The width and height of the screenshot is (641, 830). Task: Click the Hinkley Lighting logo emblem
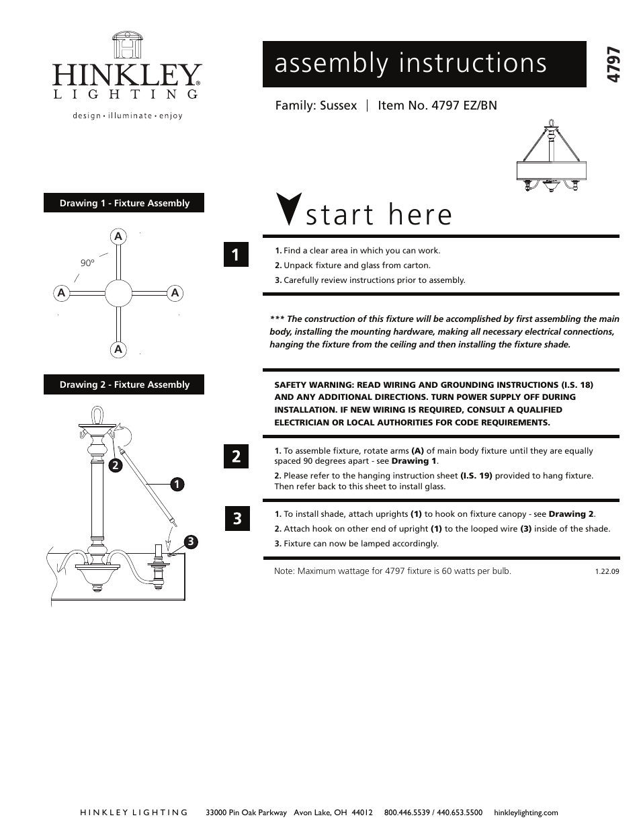[x=126, y=46]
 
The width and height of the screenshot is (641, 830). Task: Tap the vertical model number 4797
[x=612, y=65]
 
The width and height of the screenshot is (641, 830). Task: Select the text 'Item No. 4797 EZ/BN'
[x=437, y=106]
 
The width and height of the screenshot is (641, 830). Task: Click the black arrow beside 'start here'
[x=288, y=209]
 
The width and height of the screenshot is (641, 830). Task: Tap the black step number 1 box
[x=236, y=255]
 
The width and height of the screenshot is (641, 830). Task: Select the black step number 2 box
[x=236, y=456]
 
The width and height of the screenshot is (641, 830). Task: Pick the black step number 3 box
[x=236, y=518]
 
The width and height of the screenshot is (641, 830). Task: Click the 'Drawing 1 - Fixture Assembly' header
[x=124, y=203]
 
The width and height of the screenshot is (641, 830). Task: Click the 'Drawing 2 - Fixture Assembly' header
[x=124, y=384]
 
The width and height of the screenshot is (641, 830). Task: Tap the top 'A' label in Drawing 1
[x=118, y=237]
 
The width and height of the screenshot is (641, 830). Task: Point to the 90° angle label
[x=87, y=263]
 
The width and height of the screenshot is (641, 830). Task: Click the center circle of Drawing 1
[x=118, y=293]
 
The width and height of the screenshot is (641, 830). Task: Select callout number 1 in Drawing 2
[x=176, y=484]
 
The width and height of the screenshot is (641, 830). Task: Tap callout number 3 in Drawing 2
[x=191, y=541]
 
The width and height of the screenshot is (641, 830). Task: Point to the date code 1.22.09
[x=607, y=571]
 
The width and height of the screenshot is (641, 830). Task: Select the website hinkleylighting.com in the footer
[x=525, y=813]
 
